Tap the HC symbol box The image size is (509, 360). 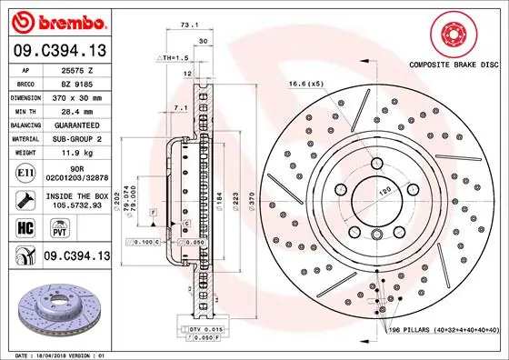25,227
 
